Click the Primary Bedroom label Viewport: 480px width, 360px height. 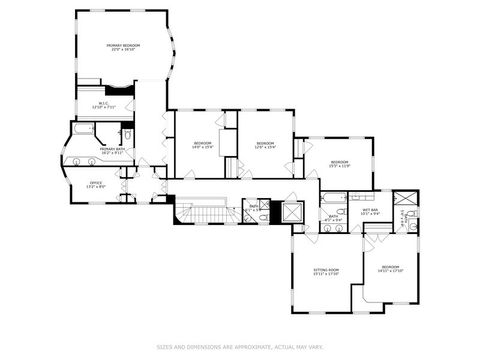(x=124, y=47)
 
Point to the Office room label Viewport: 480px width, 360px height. (x=96, y=184)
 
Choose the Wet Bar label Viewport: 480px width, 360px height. (x=370, y=211)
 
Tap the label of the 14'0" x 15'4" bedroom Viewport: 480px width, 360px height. (x=203, y=145)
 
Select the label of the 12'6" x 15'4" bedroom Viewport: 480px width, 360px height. (x=265, y=145)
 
